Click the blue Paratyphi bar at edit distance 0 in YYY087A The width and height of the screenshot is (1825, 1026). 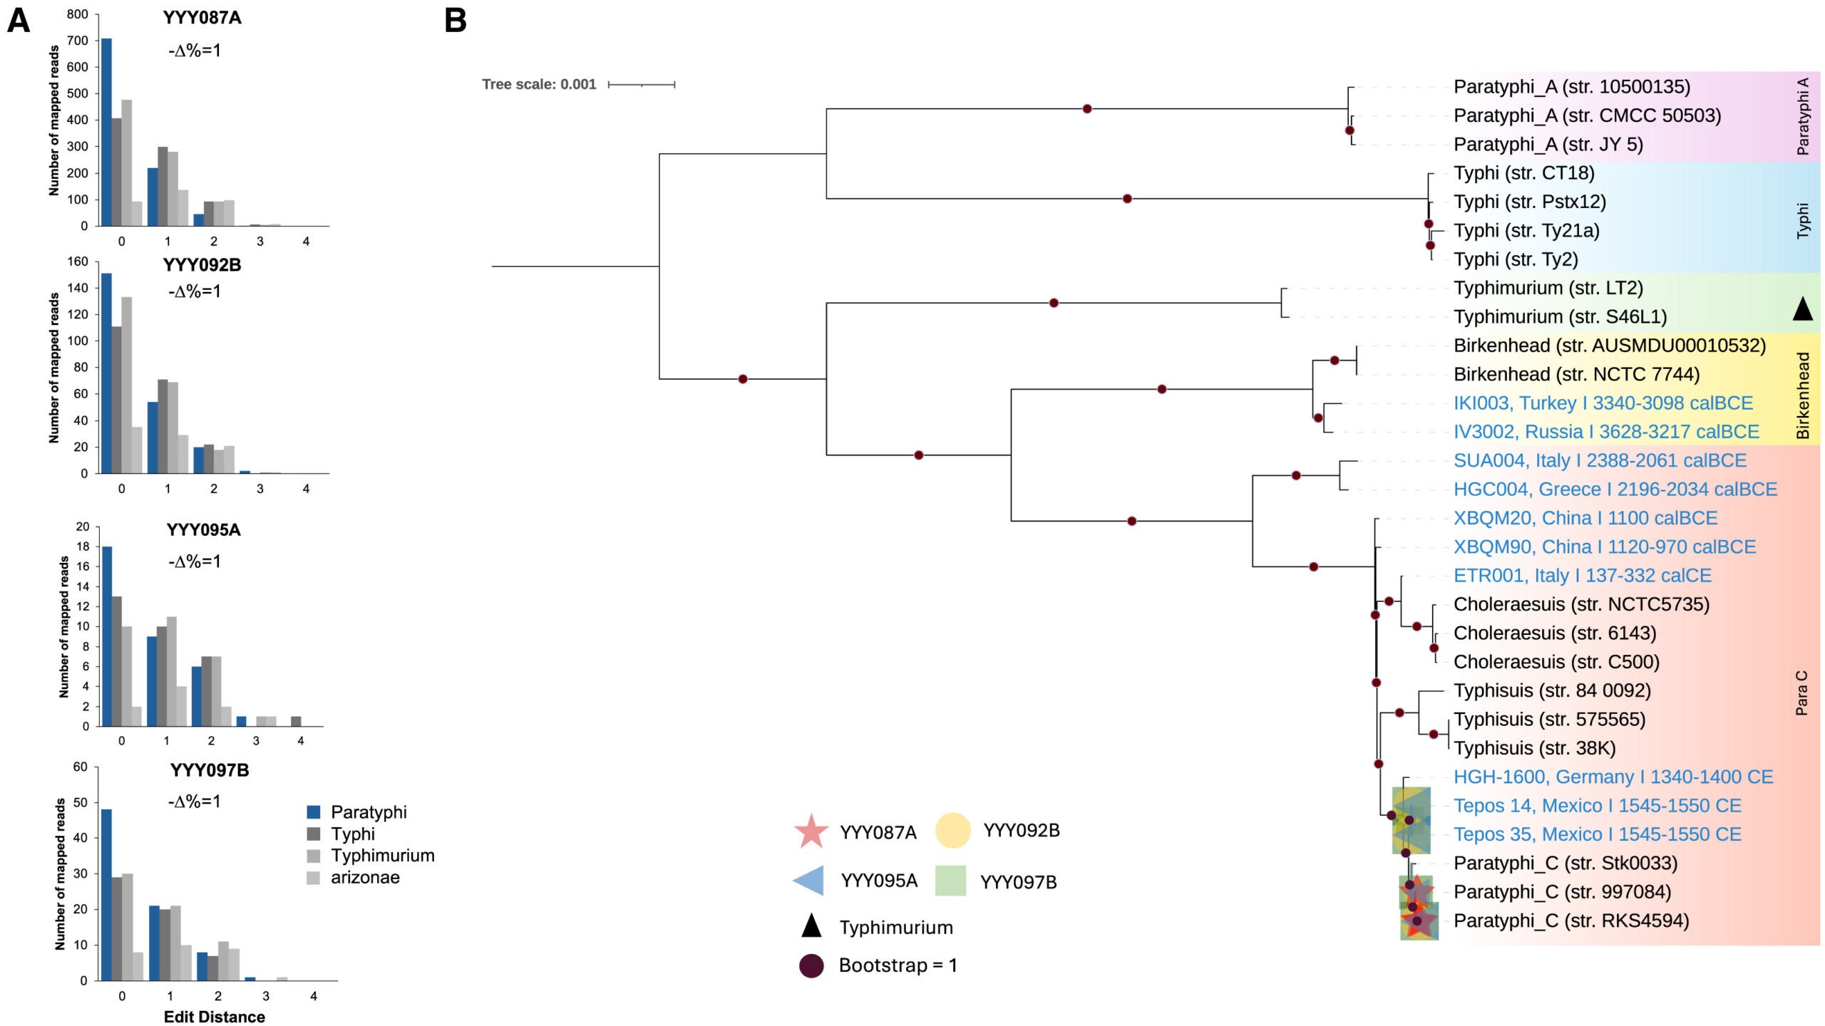(106, 133)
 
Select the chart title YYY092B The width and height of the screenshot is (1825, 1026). (202, 265)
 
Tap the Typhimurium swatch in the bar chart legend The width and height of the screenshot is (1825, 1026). (313, 856)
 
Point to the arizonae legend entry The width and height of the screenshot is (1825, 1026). (364, 878)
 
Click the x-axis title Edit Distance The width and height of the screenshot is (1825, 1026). (214, 1017)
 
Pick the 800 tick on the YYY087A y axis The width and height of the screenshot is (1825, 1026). (78, 14)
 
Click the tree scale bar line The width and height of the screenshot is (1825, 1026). (642, 85)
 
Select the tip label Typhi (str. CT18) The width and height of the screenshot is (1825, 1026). (1523, 173)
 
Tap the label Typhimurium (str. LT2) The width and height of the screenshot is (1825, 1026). (1548, 288)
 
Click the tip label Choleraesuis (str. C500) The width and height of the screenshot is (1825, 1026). (1556, 662)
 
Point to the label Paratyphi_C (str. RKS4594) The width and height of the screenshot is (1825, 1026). (1571, 921)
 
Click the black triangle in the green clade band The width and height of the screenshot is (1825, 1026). (1802, 309)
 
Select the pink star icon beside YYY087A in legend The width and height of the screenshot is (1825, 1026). (811, 831)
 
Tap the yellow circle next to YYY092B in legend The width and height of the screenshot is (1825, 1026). (952, 831)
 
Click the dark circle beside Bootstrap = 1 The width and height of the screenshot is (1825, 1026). (811, 966)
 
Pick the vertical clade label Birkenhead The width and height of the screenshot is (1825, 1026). (1803, 395)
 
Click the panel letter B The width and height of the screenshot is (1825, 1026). (456, 20)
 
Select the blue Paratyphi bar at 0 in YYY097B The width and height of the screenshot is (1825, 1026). (107, 895)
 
